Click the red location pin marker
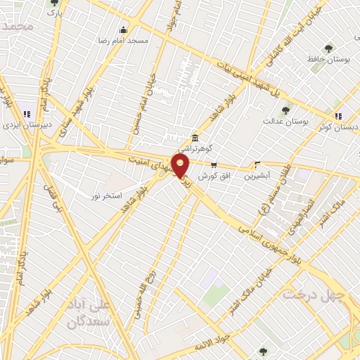tap(181, 166)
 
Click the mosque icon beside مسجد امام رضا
tap(124, 30)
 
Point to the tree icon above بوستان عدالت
tap(285, 110)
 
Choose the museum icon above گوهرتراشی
tap(195, 137)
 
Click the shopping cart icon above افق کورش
tap(213, 165)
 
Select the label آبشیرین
tap(257, 175)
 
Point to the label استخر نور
tap(108, 193)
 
